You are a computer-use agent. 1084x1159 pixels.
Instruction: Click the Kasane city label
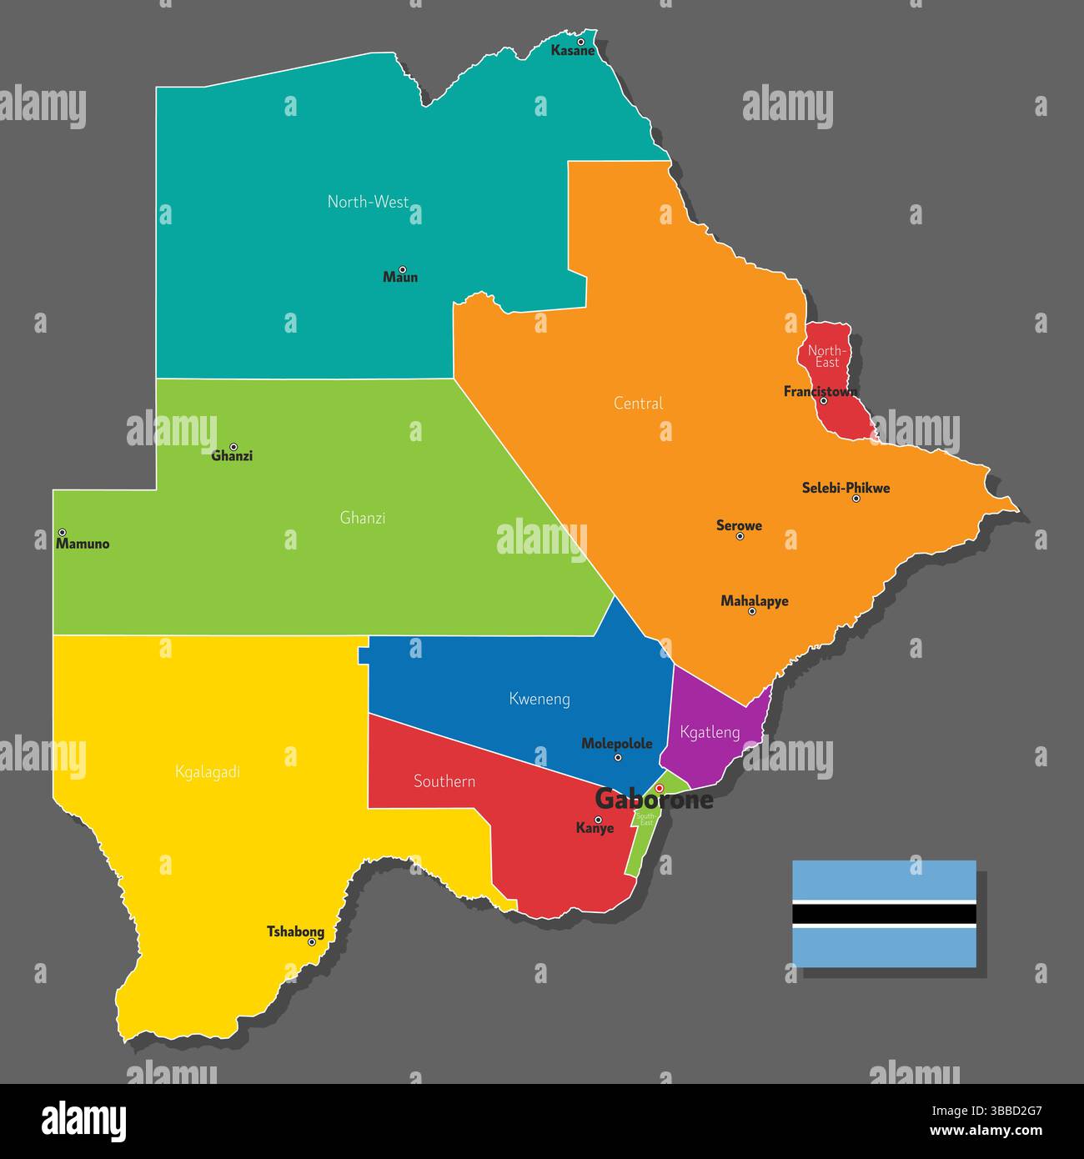(x=573, y=51)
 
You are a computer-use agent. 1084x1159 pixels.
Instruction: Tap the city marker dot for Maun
(x=402, y=269)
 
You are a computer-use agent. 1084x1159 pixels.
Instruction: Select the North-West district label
(x=368, y=202)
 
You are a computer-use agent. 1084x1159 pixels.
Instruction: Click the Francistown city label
(x=820, y=391)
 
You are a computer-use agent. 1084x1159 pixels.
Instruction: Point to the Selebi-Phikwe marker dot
(x=856, y=499)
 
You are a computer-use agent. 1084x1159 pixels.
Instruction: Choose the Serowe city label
(x=739, y=525)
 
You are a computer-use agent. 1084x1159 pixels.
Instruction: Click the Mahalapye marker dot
(x=751, y=611)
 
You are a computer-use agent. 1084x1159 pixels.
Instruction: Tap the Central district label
(x=638, y=404)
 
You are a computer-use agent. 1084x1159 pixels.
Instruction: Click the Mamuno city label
(x=82, y=544)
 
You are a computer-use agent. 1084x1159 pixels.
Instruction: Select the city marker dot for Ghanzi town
(x=233, y=447)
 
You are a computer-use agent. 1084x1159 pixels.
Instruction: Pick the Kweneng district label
(x=539, y=699)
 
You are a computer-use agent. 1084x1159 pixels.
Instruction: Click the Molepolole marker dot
(x=618, y=758)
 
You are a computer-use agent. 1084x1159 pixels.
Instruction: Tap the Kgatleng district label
(x=710, y=733)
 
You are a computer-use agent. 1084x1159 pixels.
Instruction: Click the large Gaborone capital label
(x=654, y=800)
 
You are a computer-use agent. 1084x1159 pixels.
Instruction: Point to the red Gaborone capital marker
(x=659, y=788)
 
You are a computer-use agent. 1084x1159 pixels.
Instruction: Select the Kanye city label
(x=595, y=829)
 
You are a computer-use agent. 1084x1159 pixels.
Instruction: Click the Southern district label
(x=444, y=781)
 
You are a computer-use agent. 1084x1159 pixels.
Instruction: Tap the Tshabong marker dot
(x=312, y=942)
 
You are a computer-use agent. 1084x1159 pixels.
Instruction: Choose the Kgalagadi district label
(x=208, y=772)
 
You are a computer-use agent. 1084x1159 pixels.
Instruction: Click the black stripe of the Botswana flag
(x=883, y=914)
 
